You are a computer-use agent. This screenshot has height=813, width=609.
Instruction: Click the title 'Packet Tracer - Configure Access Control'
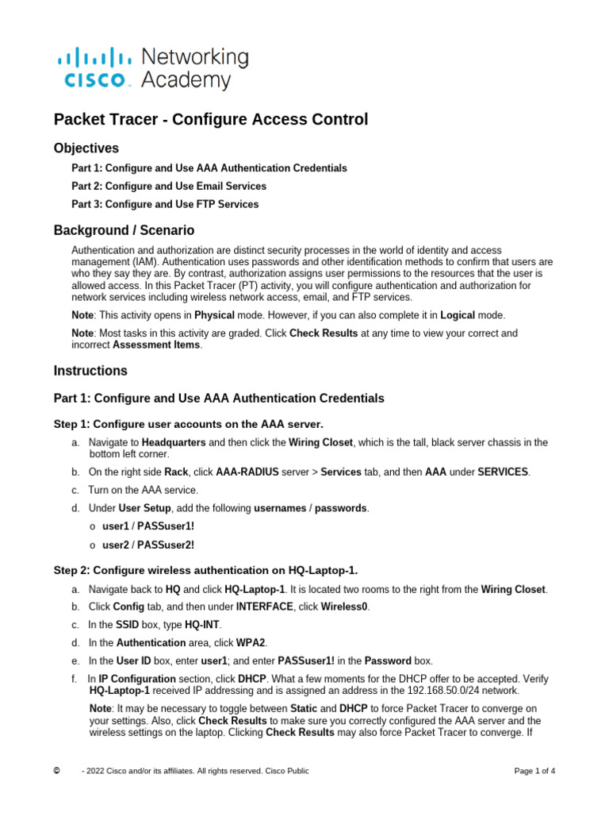pos(211,119)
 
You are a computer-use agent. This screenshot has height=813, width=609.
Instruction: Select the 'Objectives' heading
pos(86,148)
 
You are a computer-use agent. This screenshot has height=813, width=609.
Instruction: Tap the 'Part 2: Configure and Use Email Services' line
pos(169,186)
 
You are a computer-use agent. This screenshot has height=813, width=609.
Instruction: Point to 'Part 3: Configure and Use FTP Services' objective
pos(165,204)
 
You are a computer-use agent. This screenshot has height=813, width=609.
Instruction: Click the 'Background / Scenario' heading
pos(124,231)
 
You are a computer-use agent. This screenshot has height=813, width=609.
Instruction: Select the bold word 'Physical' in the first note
pos(215,315)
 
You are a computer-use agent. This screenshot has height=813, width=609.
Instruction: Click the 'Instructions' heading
pos(90,371)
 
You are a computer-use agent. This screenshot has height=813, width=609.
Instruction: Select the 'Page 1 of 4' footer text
pos(534,771)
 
